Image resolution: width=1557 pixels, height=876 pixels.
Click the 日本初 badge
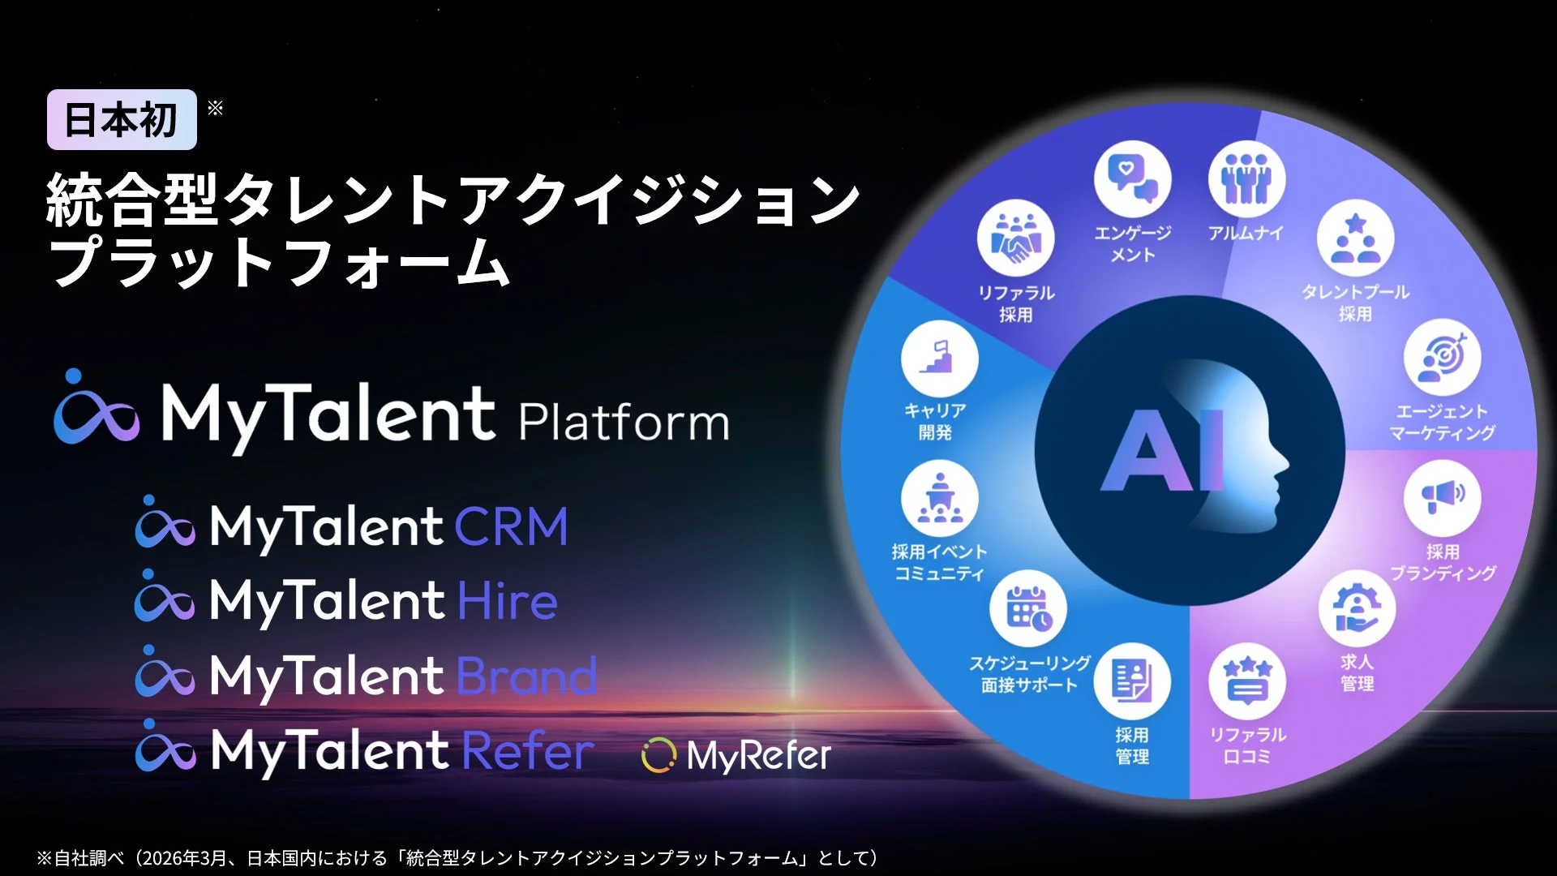tap(122, 120)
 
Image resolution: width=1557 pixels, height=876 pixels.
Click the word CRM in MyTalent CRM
tap(511, 526)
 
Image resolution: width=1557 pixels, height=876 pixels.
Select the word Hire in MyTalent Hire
tap(508, 601)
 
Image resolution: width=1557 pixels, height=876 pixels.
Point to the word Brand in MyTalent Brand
tap(527, 676)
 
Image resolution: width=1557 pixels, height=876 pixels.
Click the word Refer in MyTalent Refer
tap(528, 750)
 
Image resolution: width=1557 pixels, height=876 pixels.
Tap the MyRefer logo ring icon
tap(658, 756)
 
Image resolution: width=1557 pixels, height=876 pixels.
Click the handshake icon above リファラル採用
tap(1015, 238)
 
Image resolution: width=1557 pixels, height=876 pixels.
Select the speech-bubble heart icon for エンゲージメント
tap(1132, 179)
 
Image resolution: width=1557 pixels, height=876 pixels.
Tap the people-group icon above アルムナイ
tap(1246, 179)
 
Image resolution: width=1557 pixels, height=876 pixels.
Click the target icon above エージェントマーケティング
tap(1442, 358)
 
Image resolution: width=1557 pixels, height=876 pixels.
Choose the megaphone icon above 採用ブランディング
tap(1442, 497)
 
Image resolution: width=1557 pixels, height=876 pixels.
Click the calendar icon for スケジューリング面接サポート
tap(1027, 609)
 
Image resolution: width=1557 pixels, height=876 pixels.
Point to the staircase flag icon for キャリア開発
tap(939, 358)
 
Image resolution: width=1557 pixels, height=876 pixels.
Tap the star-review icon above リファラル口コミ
tap(1246, 681)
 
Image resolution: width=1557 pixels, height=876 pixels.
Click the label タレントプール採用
tap(1355, 303)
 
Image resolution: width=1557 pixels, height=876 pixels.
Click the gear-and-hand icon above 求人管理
tap(1356, 609)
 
